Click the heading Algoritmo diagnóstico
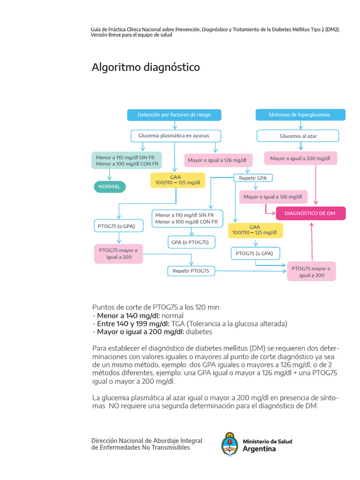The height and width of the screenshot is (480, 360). click(145, 67)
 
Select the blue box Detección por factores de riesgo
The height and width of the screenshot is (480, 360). click(174, 115)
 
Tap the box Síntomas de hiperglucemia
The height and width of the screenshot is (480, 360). click(300, 115)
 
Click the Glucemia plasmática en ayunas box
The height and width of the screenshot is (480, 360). click(174, 136)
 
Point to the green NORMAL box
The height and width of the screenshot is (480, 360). click(109, 187)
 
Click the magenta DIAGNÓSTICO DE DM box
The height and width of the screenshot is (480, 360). click(310, 213)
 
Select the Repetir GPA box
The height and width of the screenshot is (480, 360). click(253, 178)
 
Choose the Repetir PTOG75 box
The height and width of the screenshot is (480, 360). click(190, 271)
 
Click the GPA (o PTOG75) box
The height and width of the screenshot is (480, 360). click(190, 242)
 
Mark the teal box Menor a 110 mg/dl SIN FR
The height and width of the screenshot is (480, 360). click(127, 161)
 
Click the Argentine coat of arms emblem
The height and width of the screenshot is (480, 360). click(230, 444)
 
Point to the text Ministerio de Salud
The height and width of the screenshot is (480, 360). click(267, 442)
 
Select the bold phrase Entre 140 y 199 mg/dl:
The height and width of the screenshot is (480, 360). click(133, 323)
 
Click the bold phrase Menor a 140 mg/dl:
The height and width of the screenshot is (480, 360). click(128, 315)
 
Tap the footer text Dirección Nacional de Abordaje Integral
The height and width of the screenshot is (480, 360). click(147, 441)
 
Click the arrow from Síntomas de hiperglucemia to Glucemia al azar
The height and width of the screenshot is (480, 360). click(300, 126)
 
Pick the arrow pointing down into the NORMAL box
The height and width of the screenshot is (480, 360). click(110, 175)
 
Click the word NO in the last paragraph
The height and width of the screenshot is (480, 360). click(114, 406)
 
